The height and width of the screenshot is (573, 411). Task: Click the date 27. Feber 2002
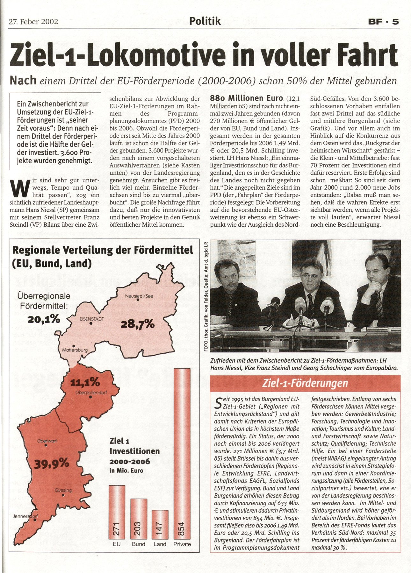tap(33, 22)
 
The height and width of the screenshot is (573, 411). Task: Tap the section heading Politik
tap(205, 21)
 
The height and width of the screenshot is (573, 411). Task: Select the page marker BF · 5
tap(383, 22)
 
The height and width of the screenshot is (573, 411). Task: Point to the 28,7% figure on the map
tap(138, 324)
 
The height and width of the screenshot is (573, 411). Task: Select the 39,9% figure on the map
tap(52, 463)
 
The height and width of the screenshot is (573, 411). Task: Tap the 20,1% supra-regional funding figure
tap(44, 319)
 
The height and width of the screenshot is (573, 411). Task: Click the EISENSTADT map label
tap(92, 319)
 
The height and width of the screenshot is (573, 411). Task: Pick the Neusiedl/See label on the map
tap(139, 296)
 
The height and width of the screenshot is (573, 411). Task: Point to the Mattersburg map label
tap(75, 350)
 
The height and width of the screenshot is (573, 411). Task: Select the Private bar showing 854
tap(182, 453)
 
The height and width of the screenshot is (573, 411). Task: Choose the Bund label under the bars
tap(139, 544)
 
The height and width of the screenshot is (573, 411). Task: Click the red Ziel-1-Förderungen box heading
tap(305, 383)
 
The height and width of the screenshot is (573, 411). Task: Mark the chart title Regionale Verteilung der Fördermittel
tap(103, 250)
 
